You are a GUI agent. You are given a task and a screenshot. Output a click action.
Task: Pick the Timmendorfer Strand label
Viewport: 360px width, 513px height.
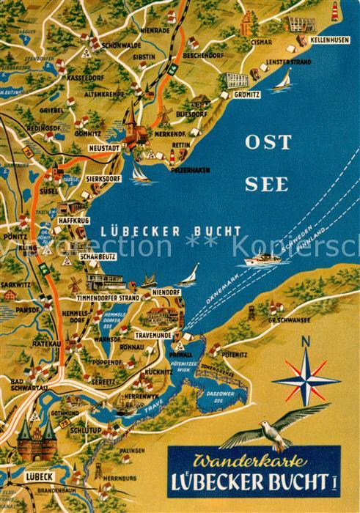click(x=109, y=298)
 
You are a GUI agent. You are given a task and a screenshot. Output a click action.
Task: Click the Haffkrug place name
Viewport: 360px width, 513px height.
click(x=74, y=217)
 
